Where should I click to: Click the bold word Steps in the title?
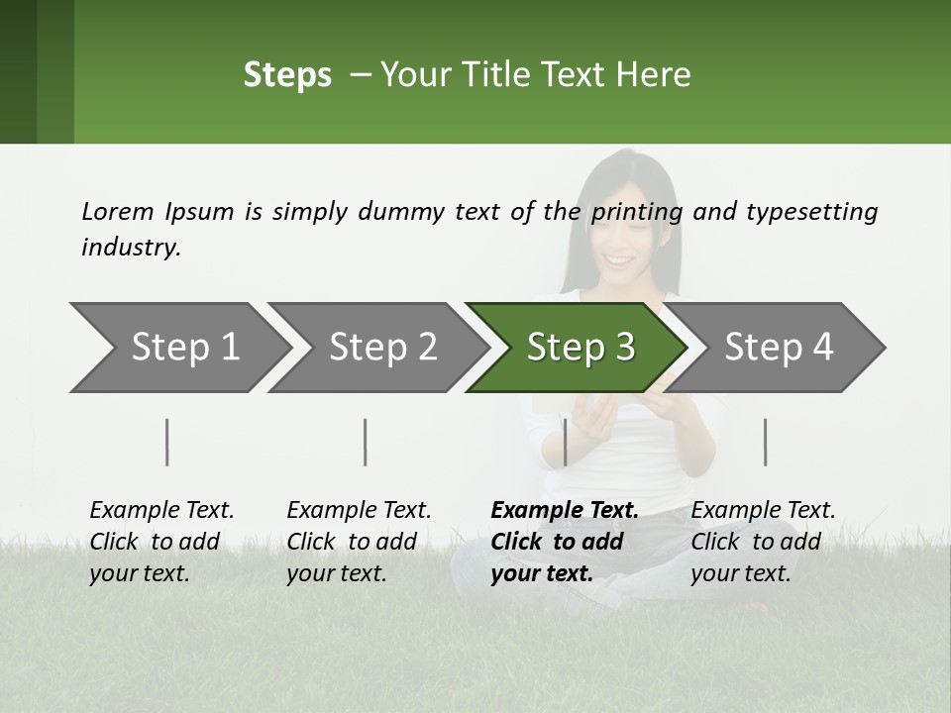287,75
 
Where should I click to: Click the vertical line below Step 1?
167,442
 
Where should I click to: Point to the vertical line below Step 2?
366,442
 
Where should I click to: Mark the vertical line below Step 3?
565,442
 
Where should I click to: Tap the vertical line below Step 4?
765,442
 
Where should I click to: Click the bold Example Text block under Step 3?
564,542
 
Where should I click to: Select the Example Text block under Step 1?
161,542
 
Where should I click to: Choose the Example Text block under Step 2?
359,542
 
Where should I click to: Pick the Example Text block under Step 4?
763,542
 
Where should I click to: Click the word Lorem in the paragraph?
118,212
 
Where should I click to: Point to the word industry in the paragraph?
131,248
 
